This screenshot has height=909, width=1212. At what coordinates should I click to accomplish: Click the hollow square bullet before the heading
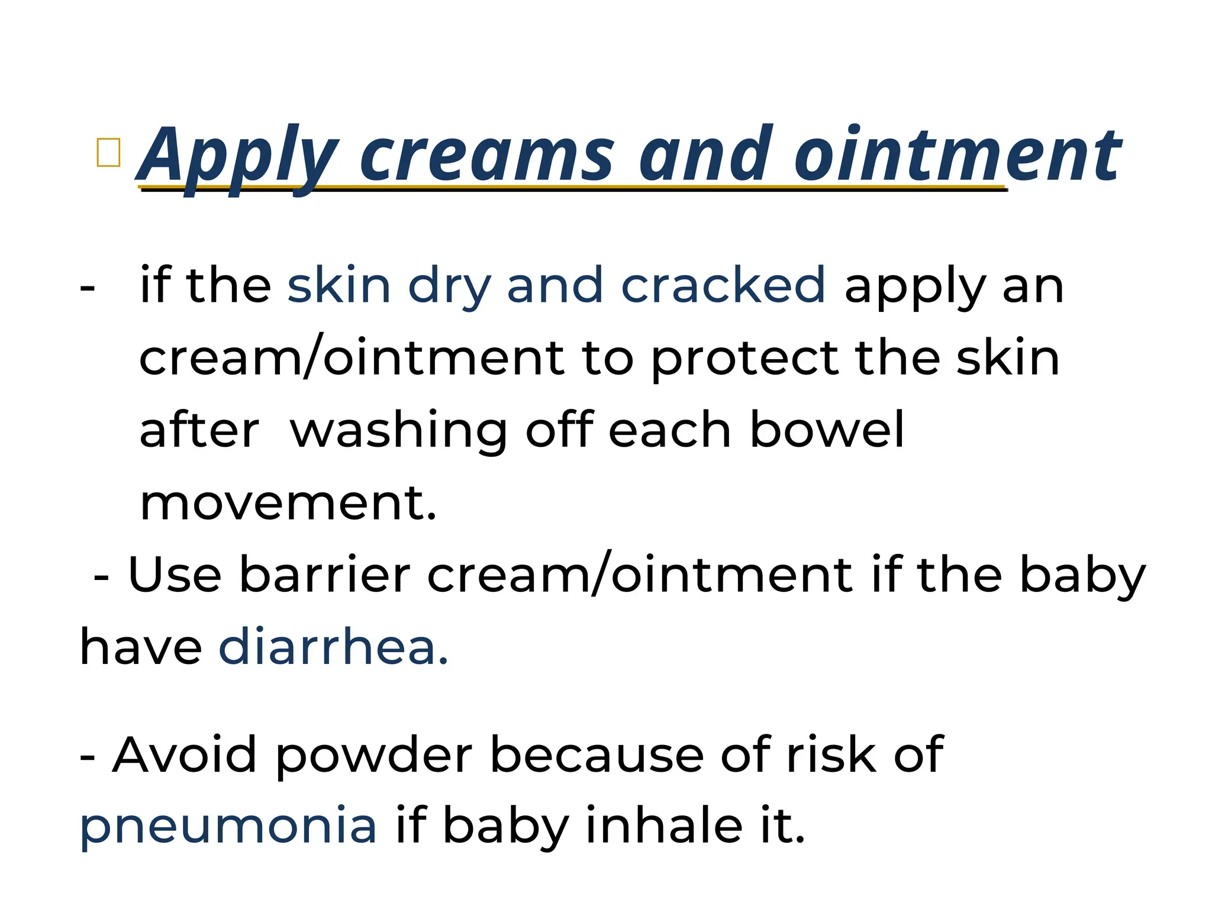[108, 153]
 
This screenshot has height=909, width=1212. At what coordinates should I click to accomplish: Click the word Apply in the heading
[237, 155]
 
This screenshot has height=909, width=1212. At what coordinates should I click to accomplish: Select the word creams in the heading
[486, 155]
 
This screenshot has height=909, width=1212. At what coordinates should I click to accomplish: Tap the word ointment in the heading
[956, 155]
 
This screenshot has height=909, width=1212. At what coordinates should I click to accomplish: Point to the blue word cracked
[723, 285]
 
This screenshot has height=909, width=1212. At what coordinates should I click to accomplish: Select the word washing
[398, 431]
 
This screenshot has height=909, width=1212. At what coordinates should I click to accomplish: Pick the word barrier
[324, 574]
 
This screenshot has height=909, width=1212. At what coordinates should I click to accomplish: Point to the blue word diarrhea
[333, 647]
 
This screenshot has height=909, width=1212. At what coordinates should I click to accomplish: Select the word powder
[374, 755]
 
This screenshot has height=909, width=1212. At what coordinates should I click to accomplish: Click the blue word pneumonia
[228, 826]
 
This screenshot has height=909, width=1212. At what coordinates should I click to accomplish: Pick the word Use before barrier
[175, 574]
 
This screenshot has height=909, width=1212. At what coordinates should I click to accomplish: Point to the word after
[199, 430]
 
